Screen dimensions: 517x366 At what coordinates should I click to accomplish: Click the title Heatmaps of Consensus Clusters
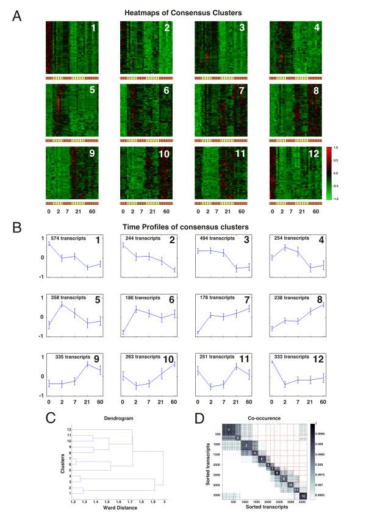pyautogui.click(x=182, y=13)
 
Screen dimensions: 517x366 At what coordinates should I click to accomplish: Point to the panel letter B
pyautogui.click(x=18, y=227)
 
